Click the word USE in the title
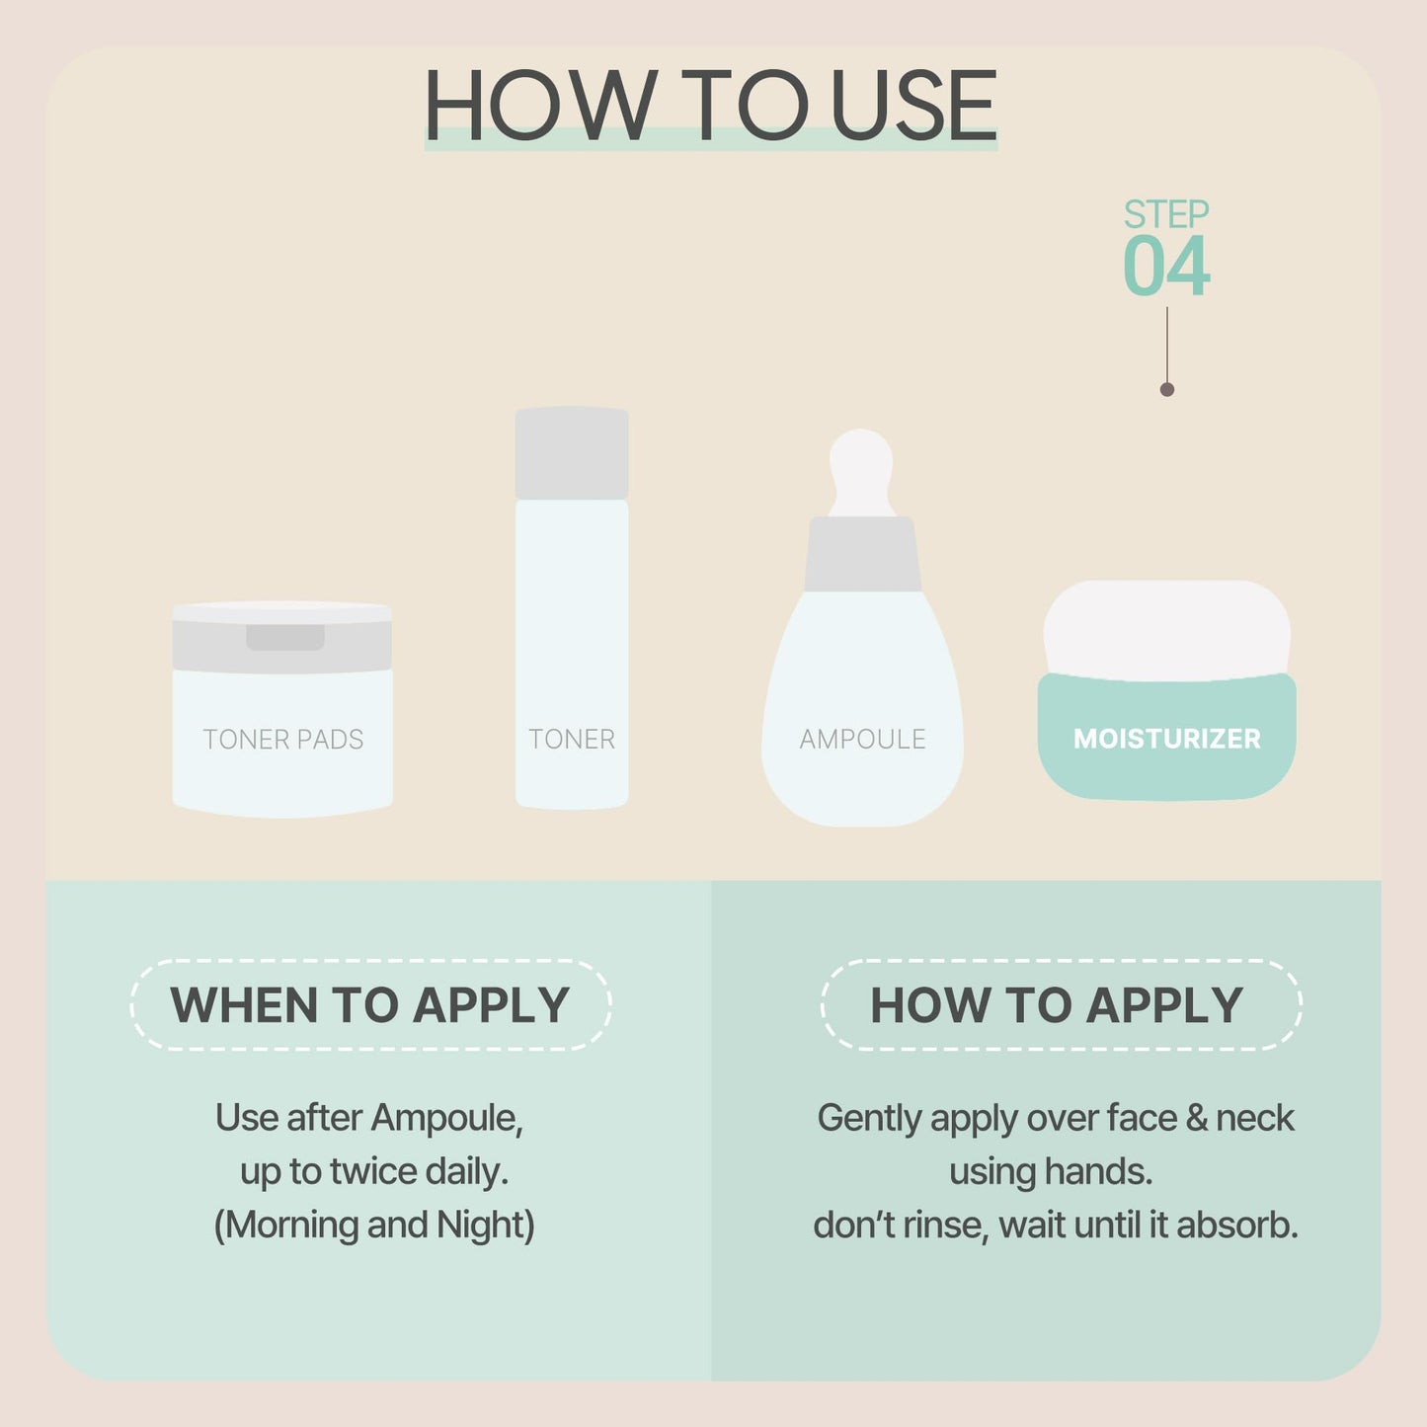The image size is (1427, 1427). tap(913, 106)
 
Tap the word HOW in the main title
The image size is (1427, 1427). tap(541, 106)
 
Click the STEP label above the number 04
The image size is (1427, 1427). tap(1166, 214)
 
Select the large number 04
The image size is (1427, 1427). tap(1166, 267)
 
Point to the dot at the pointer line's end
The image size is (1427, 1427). tap(1167, 390)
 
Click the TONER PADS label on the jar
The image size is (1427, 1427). tap(283, 740)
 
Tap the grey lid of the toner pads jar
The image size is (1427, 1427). tap(282, 640)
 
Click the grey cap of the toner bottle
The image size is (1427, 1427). tap(572, 453)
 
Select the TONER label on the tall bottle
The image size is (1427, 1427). tap(572, 740)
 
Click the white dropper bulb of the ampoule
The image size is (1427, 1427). tap(862, 469)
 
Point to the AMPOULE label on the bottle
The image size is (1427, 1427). tap(862, 740)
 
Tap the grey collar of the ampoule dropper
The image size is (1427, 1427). tap(862, 555)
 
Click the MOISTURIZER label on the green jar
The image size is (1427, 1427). tap(1166, 739)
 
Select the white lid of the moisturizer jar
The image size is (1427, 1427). tap(1166, 628)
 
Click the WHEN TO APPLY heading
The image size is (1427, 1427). tap(370, 1005)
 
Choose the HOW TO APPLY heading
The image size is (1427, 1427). tap(1057, 1005)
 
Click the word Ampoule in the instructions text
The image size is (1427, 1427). tap(446, 1118)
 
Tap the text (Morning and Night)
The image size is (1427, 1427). tap(374, 1225)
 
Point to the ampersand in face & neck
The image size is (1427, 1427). tap(1196, 1118)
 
